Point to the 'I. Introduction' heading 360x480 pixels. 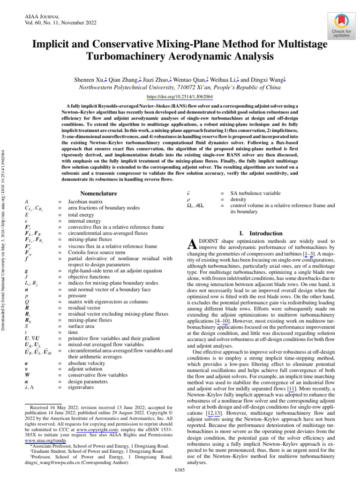click(x=261, y=233)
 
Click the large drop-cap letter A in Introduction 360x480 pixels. click(x=191, y=244)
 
